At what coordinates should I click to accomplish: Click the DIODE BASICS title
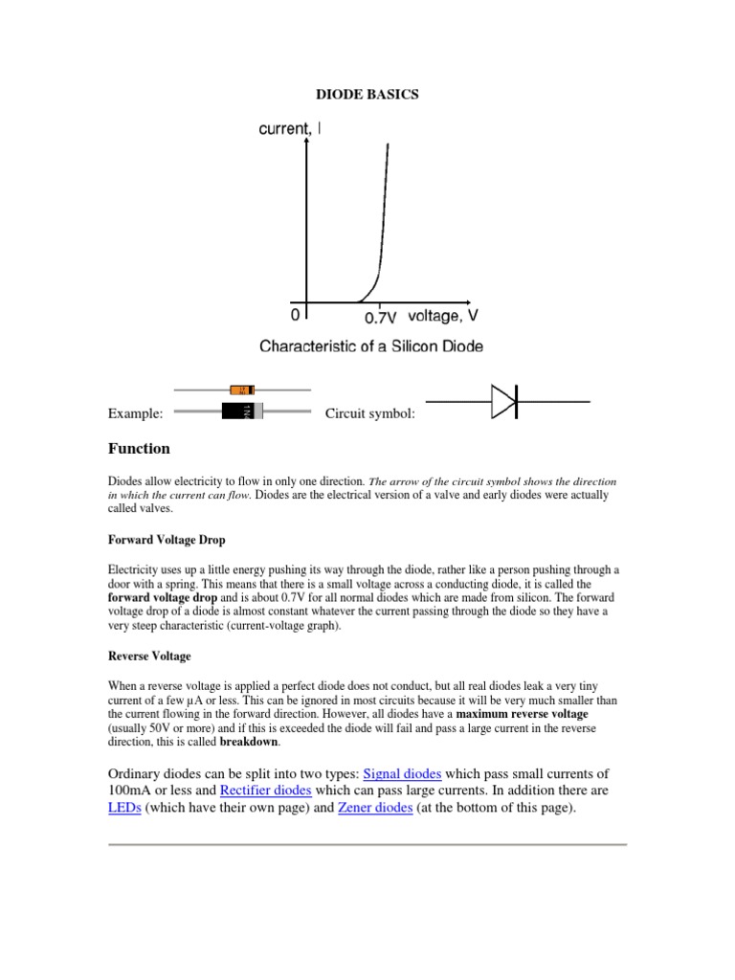(367, 96)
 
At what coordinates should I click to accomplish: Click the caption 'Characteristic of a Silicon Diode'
(371, 345)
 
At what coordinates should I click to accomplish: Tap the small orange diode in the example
(243, 390)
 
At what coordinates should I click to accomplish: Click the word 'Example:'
(135, 413)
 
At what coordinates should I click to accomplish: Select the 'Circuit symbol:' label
(370, 413)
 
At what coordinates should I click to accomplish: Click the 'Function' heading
(139, 449)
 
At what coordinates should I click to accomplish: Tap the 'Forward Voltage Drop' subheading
(167, 540)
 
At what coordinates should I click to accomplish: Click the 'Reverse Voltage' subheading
(149, 657)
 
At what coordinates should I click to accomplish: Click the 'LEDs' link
(123, 809)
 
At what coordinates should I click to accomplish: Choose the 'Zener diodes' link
(376, 809)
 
